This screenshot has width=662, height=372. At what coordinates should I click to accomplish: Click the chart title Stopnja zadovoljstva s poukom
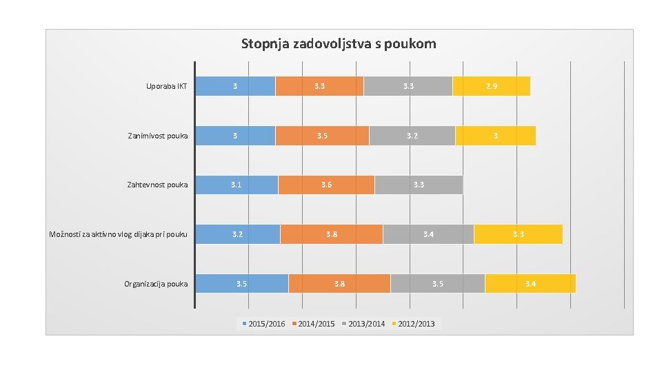tap(338, 44)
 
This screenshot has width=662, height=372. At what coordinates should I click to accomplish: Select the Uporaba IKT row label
tap(166, 86)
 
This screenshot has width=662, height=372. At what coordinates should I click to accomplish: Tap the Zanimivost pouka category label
tap(158, 136)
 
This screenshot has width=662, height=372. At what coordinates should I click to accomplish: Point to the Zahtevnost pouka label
tap(157, 185)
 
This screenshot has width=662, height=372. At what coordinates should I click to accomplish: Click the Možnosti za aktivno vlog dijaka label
tap(119, 234)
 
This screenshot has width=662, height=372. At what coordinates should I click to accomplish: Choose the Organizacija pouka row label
tap(156, 284)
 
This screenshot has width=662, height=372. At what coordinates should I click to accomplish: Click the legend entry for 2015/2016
tap(263, 324)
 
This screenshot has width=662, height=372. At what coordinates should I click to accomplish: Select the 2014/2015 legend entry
tap(314, 324)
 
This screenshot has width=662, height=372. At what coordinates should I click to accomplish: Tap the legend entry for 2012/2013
tap(414, 324)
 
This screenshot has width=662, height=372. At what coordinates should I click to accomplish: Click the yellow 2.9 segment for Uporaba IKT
tap(491, 86)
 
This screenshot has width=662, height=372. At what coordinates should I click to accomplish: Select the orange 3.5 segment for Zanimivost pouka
tap(322, 136)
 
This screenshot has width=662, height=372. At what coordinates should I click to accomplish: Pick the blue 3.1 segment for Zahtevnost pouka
tap(237, 185)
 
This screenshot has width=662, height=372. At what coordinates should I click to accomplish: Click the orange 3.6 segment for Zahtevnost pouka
tap(326, 185)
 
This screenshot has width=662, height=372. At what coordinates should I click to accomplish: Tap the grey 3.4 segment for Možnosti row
tap(428, 234)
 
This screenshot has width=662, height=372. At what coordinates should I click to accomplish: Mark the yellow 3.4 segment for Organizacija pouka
tap(530, 284)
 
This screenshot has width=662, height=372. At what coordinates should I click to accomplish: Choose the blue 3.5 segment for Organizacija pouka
tap(242, 284)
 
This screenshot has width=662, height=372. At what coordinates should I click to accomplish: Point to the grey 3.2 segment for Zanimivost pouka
tap(412, 136)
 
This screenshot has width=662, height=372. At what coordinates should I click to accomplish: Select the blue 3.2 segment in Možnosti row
tap(238, 234)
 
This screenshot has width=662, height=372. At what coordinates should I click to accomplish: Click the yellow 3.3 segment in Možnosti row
tap(518, 234)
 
